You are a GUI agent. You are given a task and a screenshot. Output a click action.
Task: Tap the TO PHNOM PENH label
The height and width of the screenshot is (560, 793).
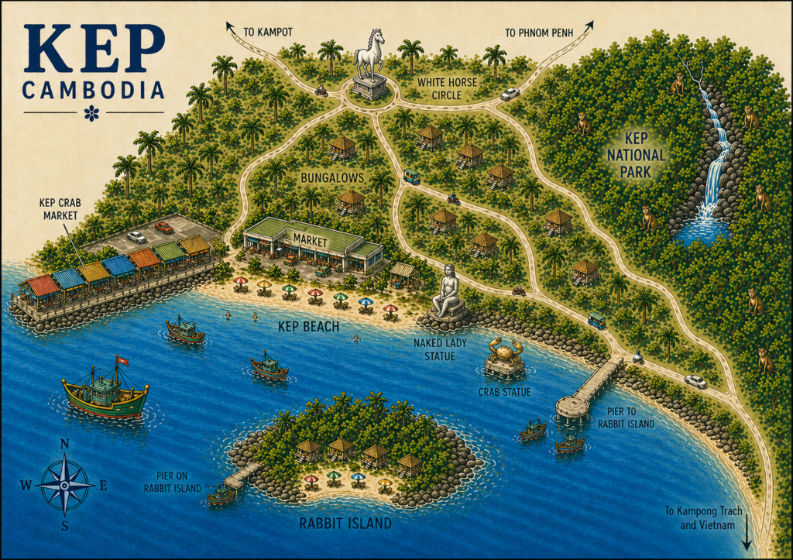click(x=540, y=33)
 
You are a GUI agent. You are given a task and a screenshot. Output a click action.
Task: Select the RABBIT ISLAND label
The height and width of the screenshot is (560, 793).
click(x=345, y=524)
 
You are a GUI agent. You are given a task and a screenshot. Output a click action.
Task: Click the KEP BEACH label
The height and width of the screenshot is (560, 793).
click(x=308, y=327)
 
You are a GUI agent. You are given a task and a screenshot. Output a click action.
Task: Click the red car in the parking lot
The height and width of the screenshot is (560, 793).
click(x=163, y=228)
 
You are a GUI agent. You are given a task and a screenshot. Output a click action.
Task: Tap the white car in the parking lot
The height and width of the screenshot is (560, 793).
click(x=136, y=237)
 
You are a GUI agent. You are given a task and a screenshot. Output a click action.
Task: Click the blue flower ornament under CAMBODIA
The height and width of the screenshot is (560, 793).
click(x=91, y=114)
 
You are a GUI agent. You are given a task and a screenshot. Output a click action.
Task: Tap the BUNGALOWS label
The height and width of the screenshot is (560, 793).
click(x=332, y=178)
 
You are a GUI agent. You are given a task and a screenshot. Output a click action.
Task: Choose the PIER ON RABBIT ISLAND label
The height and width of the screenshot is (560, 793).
click(x=172, y=482)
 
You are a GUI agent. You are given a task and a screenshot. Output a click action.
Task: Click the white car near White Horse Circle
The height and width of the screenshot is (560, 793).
click(x=510, y=94)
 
